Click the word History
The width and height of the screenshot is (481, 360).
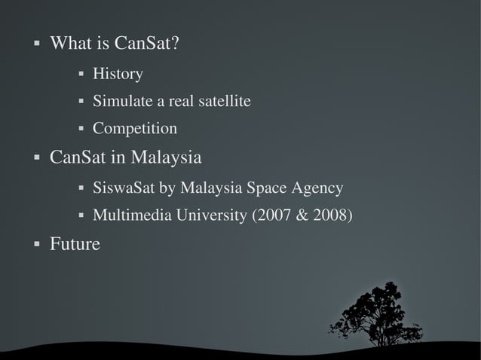118,74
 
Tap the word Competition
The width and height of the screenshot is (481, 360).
135,129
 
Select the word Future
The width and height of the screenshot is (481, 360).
75,244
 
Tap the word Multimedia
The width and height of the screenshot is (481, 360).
132,216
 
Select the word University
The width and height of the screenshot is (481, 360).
212,216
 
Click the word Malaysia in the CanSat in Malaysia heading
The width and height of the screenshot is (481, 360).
167,159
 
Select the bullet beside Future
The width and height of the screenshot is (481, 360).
36,244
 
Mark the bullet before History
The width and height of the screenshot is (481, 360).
80,75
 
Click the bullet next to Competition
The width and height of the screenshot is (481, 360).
80,129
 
